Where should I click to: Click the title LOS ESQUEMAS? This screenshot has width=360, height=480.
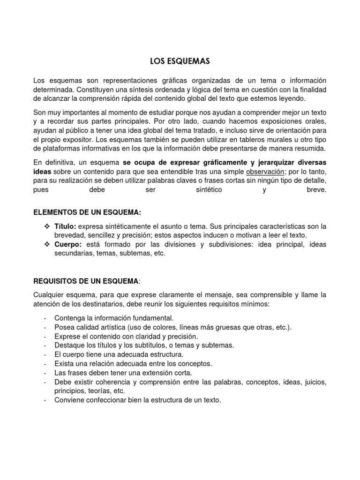click(x=180, y=61)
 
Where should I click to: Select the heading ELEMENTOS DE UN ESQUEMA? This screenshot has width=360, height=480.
click(x=87, y=212)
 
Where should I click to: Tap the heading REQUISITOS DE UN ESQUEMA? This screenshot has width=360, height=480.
click(x=86, y=281)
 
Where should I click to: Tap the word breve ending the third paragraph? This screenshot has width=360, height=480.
click(x=315, y=190)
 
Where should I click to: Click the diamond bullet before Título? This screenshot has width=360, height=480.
click(x=46, y=226)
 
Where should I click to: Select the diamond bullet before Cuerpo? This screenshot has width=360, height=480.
click(x=46, y=244)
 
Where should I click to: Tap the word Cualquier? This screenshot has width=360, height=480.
click(x=50, y=295)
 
